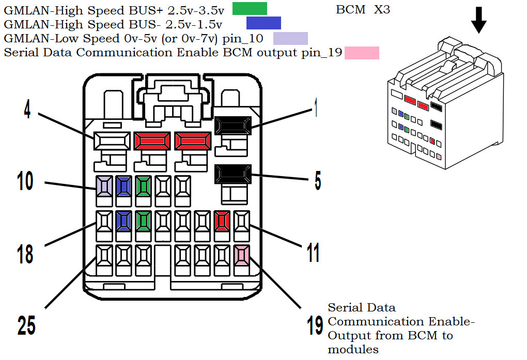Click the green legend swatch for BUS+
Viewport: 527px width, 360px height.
[250, 9]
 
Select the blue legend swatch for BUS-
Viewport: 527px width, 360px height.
[263, 23]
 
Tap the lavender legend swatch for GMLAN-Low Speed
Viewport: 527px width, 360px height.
[290, 38]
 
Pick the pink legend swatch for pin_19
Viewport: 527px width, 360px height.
[362, 53]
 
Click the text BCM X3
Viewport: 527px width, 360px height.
[363, 10]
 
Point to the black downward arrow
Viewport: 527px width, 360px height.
[479, 19]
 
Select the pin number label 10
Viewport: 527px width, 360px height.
[25, 181]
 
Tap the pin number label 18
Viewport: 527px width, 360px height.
[25, 254]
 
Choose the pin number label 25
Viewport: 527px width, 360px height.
[26, 326]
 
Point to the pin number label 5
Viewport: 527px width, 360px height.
[317, 181]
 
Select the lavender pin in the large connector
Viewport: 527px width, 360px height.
[104, 185]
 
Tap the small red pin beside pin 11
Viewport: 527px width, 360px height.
[222, 220]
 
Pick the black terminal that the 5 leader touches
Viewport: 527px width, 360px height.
[233, 174]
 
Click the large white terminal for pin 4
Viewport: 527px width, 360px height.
[112, 140]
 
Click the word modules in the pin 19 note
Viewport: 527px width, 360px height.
[353, 350]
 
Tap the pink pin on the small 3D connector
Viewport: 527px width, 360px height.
[439, 156]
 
